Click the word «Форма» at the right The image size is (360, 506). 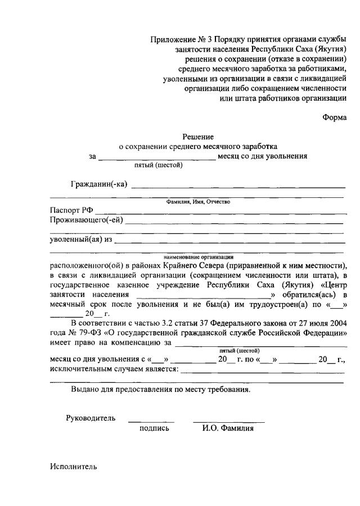tap(334, 118)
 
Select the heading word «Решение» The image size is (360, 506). tap(198, 136)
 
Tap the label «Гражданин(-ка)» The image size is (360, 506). tap(100, 184)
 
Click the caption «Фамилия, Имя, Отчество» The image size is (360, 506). tap(197, 201)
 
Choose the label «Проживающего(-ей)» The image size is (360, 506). tap(86, 220)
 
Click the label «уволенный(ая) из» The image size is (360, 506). tap(81, 240)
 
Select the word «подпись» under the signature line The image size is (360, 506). tap(154, 428)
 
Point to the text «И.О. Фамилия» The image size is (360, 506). tap(228, 428)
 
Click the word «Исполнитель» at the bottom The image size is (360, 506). tap(73, 466)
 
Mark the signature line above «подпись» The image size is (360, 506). tap(151, 421)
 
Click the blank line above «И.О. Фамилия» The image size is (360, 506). tap(228, 421)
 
